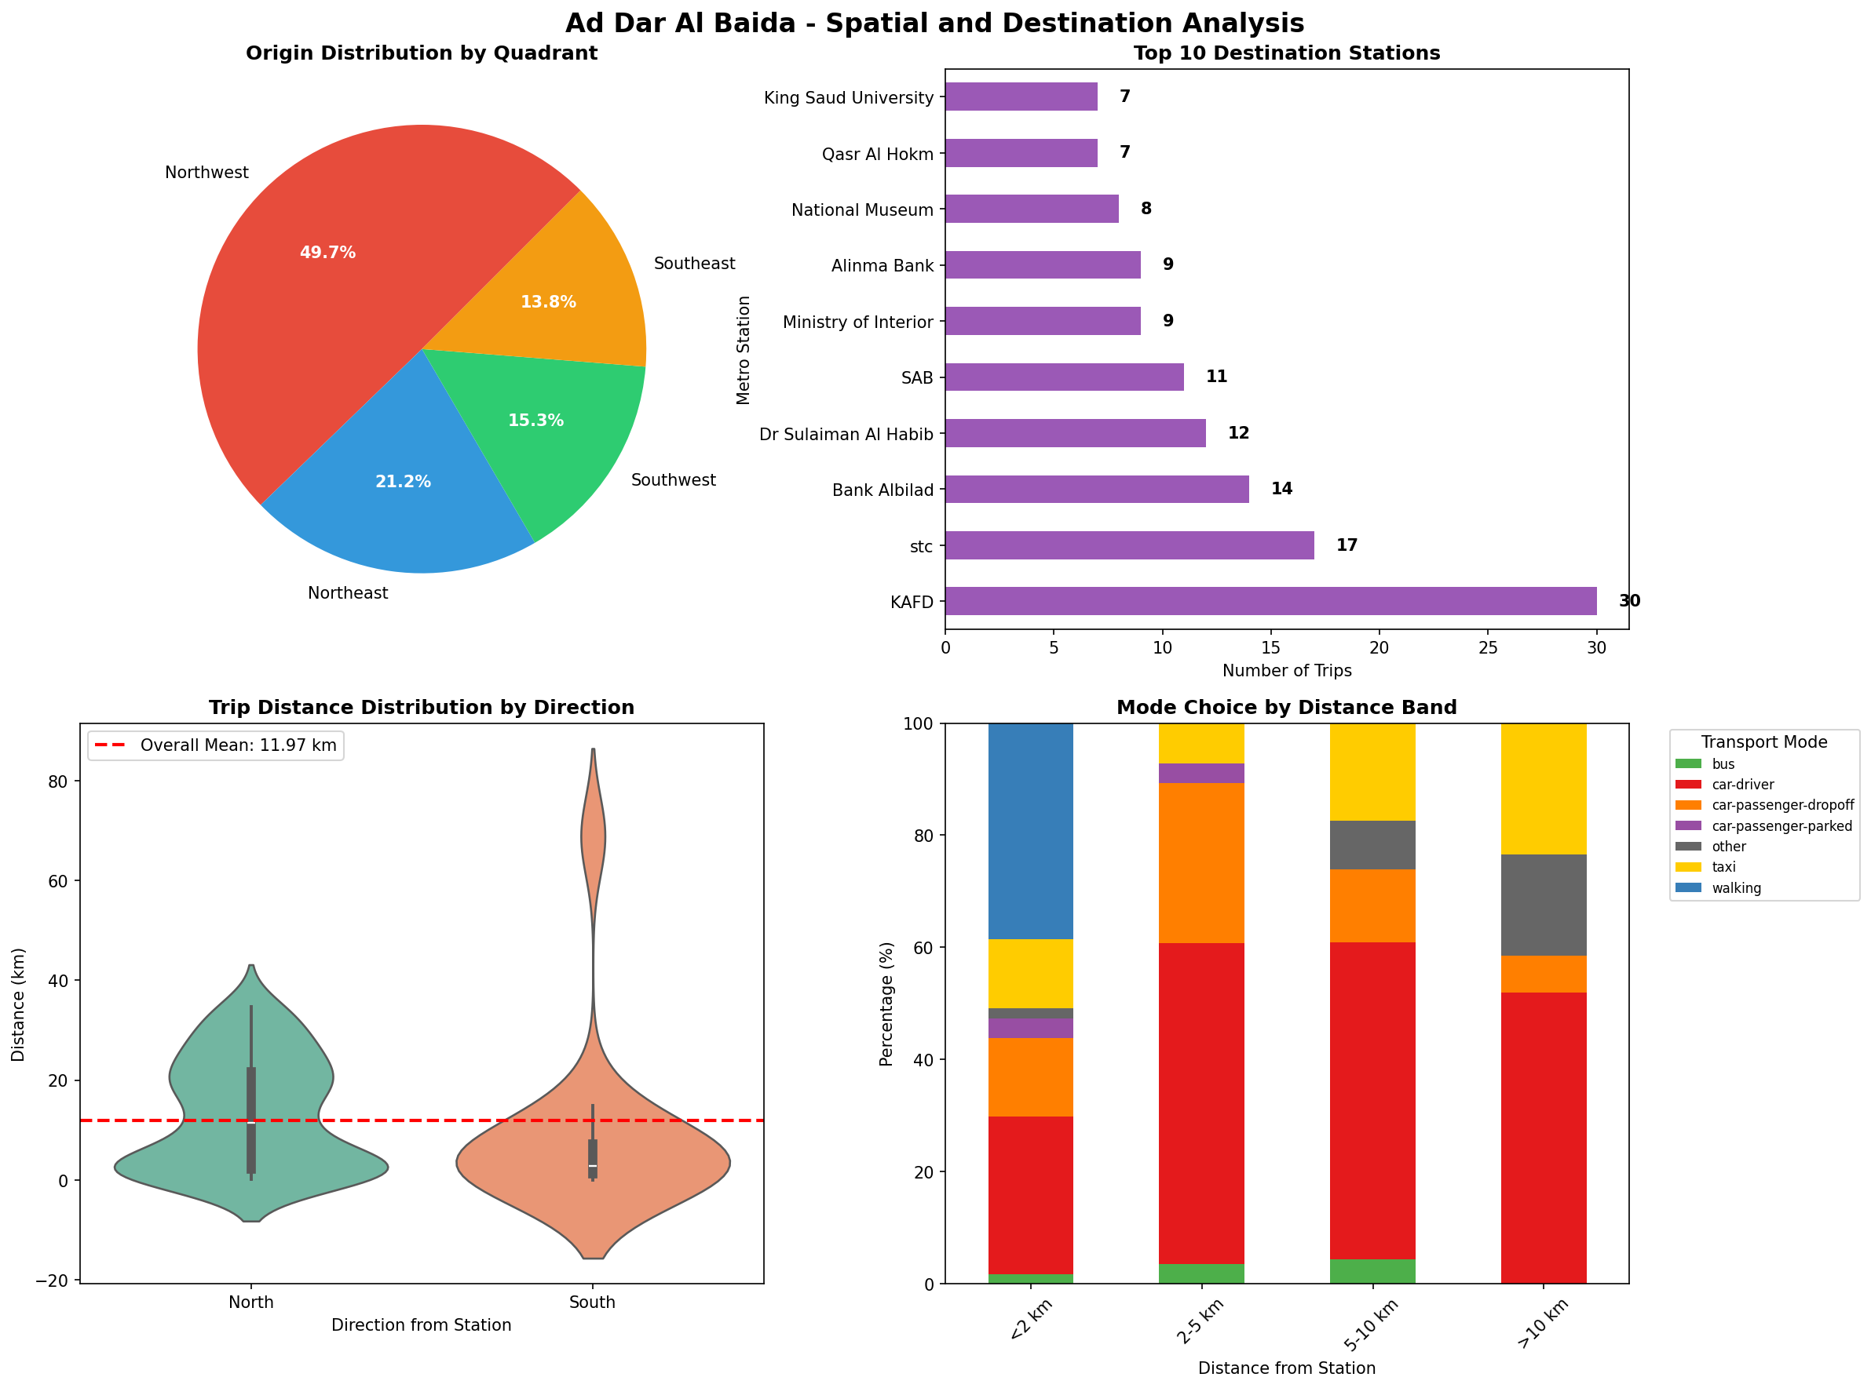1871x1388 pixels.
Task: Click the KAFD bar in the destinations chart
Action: pyautogui.click(x=1270, y=601)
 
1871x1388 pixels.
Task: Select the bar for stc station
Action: pyautogui.click(x=1128, y=545)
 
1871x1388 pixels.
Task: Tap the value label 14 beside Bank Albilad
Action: pyautogui.click(x=1281, y=489)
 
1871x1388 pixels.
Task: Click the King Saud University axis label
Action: pyautogui.click(x=848, y=98)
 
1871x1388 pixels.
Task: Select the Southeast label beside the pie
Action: pyautogui.click(x=693, y=264)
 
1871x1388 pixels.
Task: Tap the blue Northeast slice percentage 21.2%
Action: pyautogui.click(x=403, y=483)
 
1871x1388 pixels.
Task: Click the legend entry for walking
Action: pyautogui.click(x=1736, y=888)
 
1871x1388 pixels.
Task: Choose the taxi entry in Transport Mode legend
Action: pyautogui.click(x=1723, y=867)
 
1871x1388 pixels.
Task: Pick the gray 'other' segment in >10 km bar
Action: pyautogui.click(x=1542, y=905)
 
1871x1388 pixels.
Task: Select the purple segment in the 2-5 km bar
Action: pyautogui.click(x=1202, y=773)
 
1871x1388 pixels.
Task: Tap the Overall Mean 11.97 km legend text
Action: pyautogui.click(x=238, y=745)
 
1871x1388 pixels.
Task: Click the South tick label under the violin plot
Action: pyautogui.click(x=592, y=1302)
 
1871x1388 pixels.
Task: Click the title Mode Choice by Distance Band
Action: pyautogui.click(x=1285, y=708)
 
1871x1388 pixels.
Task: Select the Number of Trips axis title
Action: pyautogui.click(x=1286, y=671)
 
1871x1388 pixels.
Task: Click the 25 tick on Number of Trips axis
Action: pyautogui.click(x=1488, y=648)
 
